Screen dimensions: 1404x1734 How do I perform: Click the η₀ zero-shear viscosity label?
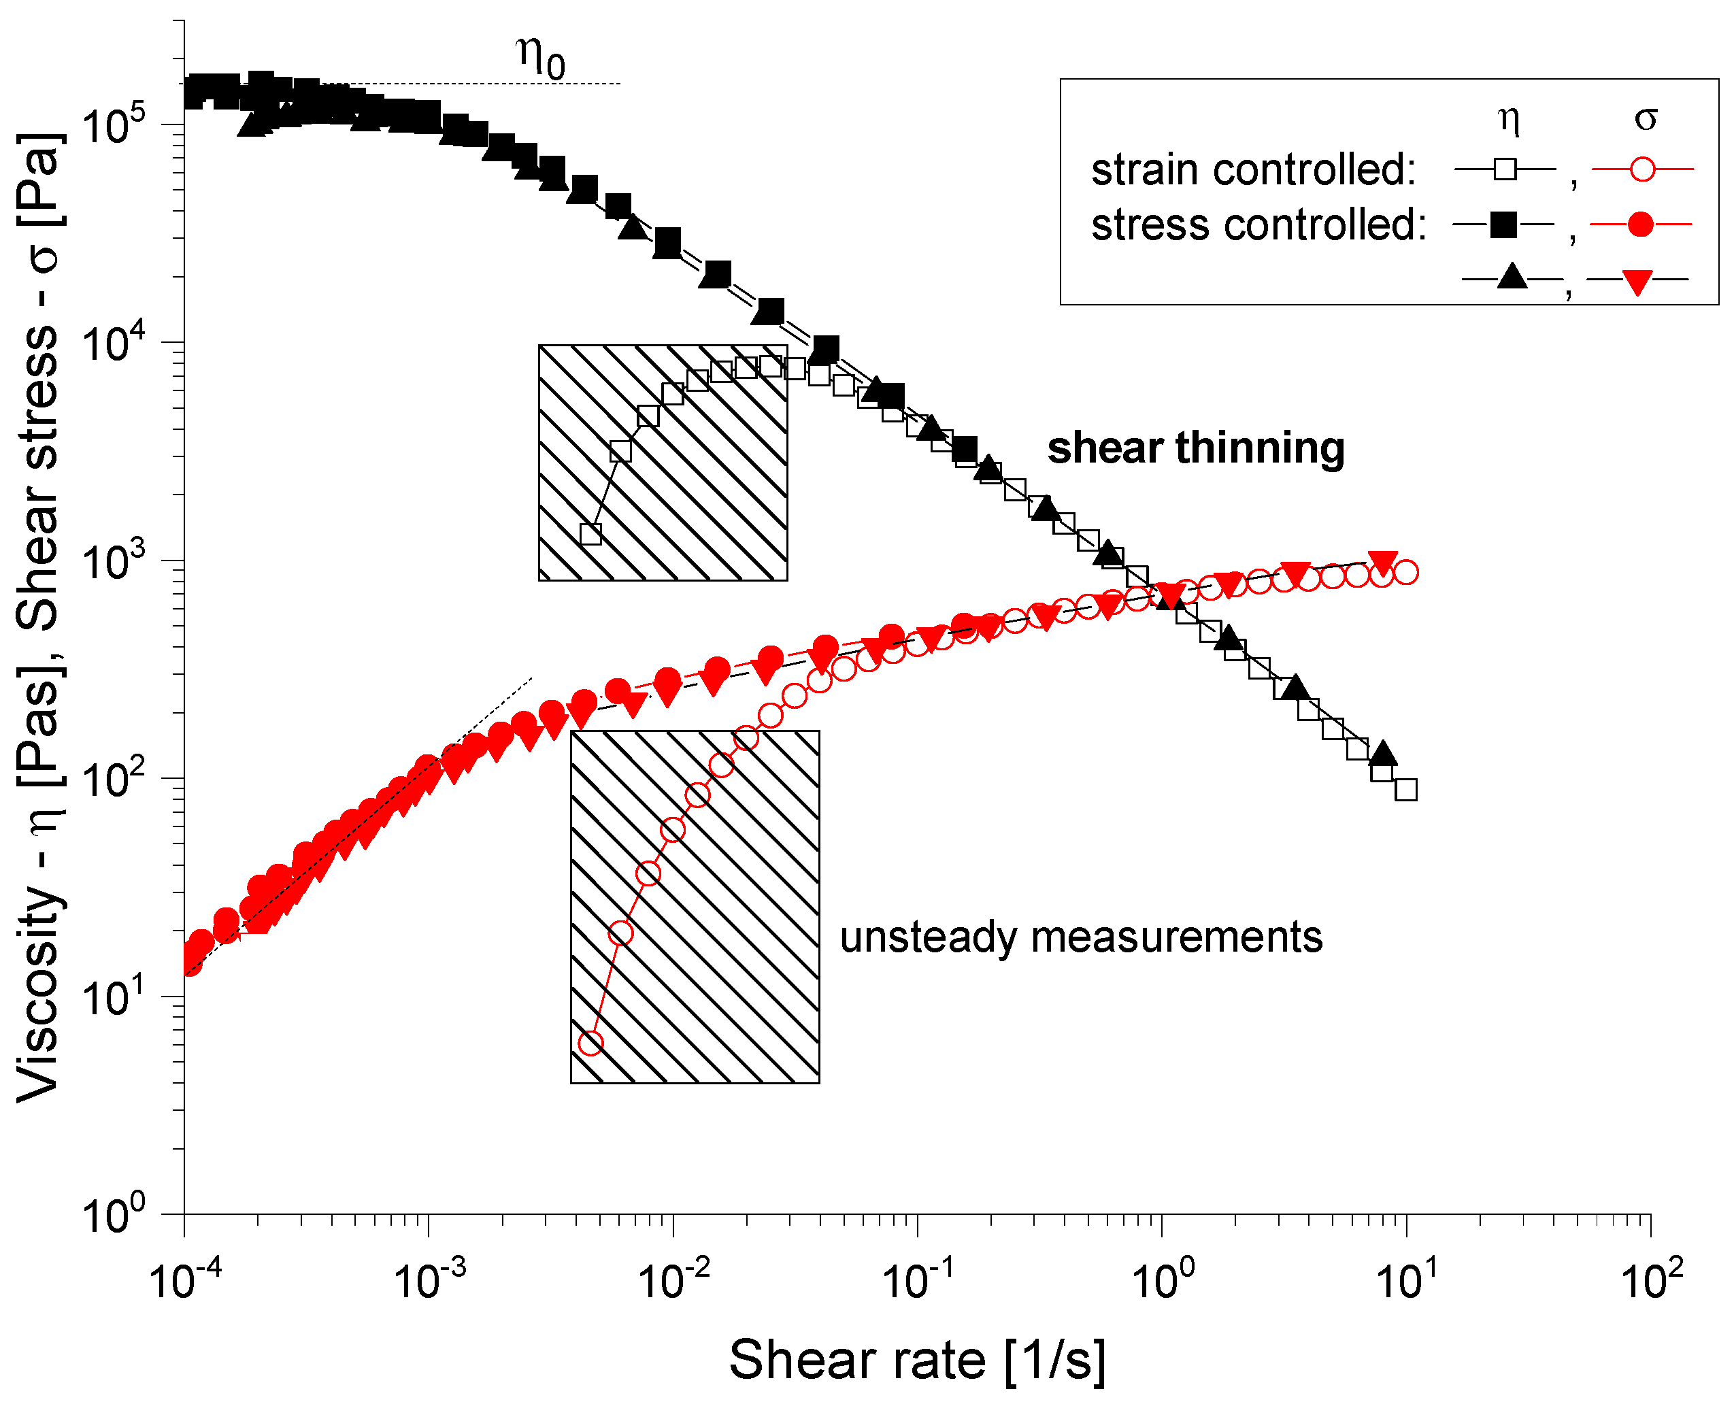(540, 58)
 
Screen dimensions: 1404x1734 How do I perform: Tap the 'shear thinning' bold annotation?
(1195, 448)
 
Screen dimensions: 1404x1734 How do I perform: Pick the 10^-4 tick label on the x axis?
(184, 1280)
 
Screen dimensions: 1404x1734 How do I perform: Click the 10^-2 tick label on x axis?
(673, 1280)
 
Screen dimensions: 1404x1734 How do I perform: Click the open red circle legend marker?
(1643, 170)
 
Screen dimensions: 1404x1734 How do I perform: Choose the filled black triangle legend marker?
(1511, 278)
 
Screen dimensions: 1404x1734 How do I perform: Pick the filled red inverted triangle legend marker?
(1638, 282)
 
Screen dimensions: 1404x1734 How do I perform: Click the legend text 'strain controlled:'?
(1254, 170)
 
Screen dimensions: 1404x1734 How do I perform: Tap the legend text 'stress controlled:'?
(1258, 225)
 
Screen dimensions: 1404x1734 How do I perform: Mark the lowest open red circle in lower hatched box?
(591, 1043)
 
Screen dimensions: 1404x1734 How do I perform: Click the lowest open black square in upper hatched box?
(591, 534)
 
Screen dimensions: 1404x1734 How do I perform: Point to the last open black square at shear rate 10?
(1406, 789)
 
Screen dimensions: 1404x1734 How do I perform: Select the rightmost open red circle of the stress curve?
(1406, 573)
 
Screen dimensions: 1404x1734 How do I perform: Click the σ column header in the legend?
(1645, 120)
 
